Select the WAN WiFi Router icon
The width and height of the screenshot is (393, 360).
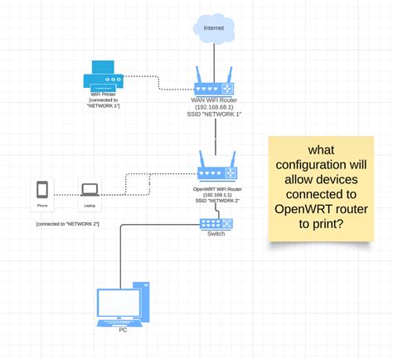pyautogui.click(x=215, y=88)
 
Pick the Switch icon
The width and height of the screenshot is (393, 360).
pyautogui.click(x=216, y=223)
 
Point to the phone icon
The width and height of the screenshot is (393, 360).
pyautogui.click(x=42, y=190)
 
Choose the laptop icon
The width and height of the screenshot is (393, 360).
pyautogui.click(x=89, y=190)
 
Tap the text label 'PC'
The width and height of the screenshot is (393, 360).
pyautogui.click(x=123, y=329)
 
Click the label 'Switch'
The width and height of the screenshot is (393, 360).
pyautogui.click(x=216, y=234)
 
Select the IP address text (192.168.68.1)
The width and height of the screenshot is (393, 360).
pyautogui.click(x=215, y=106)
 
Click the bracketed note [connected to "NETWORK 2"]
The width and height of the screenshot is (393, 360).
pyautogui.click(x=67, y=225)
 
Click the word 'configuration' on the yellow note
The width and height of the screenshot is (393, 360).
pyautogui.click(x=318, y=165)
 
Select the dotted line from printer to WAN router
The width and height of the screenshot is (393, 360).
pyautogui.click(x=158, y=81)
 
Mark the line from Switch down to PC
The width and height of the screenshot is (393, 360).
pyautogui.click(x=121, y=249)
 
